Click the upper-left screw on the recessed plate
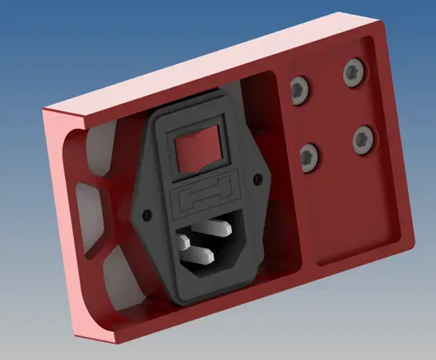(298, 89)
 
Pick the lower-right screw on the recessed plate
(363, 138)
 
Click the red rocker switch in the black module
(199, 149)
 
